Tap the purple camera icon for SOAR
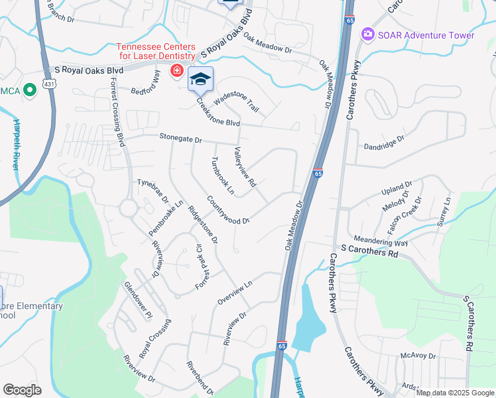click(x=367, y=34)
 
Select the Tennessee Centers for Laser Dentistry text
click(x=156, y=51)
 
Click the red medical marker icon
click(x=176, y=70)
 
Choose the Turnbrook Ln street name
click(x=222, y=176)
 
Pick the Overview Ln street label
click(x=235, y=293)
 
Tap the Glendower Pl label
click(x=139, y=299)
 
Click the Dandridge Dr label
click(x=384, y=142)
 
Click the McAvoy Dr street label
click(x=418, y=356)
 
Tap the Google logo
click(x=23, y=390)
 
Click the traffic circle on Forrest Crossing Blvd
click(x=129, y=209)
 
